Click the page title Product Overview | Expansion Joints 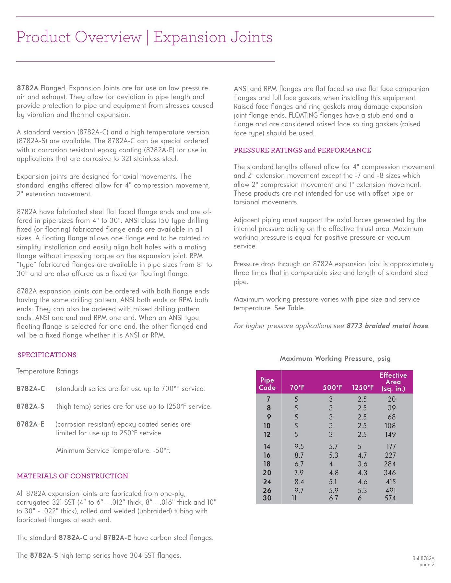pos(144,37)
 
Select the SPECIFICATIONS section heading pos(47,355)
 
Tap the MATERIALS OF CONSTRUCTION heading pos(72,476)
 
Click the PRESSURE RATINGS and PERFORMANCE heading pos(302,150)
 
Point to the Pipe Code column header pos(267,384)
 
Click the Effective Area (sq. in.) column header pos(393,382)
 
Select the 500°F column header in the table pos(333,388)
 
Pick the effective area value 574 pos(390,498)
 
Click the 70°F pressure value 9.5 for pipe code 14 pos(299,447)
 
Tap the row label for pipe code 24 pos(267,482)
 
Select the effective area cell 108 pos(390,426)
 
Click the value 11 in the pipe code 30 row pos(294,498)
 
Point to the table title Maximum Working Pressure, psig pos(335,359)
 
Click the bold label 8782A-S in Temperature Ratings pos(30,406)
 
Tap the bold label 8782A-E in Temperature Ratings pos(30,424)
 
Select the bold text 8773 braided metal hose pos(387,326)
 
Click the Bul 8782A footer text pos(423,558)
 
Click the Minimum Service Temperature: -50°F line pos(113,451)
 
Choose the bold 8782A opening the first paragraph pos(28,88)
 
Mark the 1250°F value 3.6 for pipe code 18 pos(362,464)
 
